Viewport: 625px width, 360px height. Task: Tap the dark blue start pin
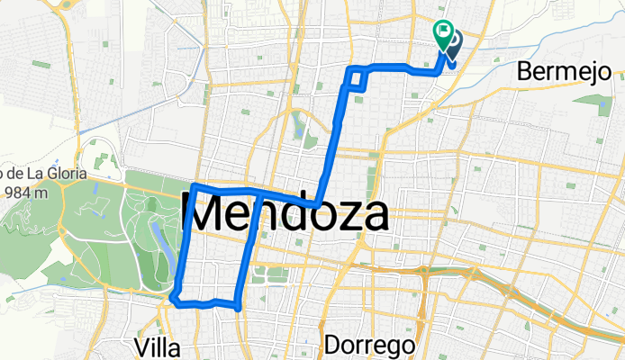point(450,45)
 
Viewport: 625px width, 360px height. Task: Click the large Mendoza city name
point(286,215)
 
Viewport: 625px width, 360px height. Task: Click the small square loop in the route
point(358,78)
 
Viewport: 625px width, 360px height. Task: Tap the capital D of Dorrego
point(331,345)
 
